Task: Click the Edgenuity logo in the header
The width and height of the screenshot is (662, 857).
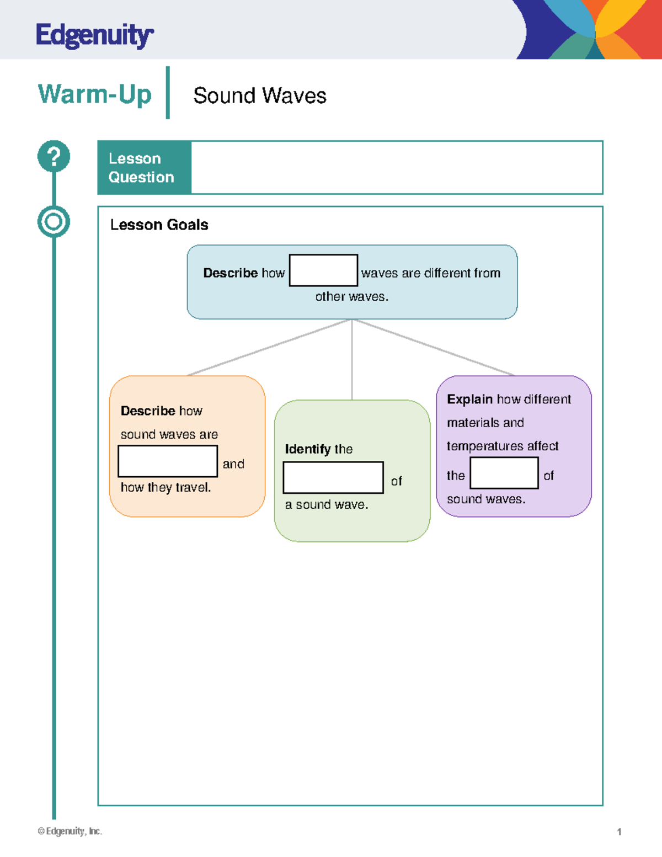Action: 94,35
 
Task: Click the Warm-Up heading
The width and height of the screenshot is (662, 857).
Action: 94,94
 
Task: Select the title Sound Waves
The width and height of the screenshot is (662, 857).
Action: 259,95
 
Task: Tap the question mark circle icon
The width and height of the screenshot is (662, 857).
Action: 54,156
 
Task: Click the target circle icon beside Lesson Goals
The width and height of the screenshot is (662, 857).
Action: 54,222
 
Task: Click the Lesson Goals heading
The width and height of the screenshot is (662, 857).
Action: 159,225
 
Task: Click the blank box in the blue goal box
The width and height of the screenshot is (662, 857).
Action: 323,270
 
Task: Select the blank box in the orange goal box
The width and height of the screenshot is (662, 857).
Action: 168,461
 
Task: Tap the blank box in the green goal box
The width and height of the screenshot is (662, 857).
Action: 333,477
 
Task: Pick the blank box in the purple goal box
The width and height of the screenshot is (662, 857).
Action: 504,472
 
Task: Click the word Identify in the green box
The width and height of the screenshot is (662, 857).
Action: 307,449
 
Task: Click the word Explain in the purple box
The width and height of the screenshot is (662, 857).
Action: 469,399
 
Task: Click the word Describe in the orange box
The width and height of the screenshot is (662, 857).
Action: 147,411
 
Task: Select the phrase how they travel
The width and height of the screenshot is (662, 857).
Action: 165,487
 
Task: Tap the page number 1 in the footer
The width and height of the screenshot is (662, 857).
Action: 619,832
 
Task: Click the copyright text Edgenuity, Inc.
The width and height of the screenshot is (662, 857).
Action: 70,831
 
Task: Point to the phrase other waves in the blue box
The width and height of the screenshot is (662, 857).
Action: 351,297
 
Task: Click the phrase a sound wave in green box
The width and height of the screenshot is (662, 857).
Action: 326,504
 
